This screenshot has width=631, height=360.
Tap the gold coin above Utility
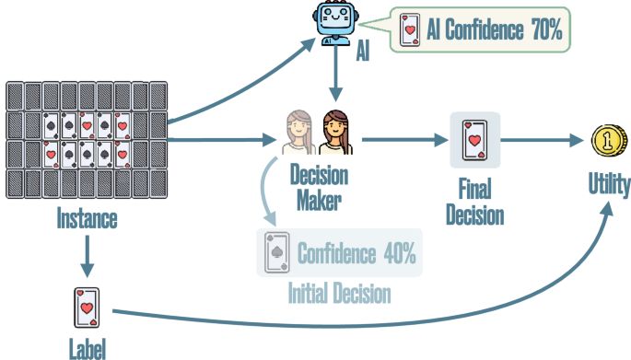(x=610, y=143)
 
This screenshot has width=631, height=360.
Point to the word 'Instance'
(x=88, y=221)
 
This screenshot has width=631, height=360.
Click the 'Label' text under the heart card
(x=88, y=349)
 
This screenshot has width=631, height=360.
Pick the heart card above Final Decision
(x=474, y=141)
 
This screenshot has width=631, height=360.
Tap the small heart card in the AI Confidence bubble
(x=407, y=31)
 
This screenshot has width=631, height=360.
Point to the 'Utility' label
(x=610, y=187)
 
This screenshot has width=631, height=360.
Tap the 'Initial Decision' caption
(x=339, y=294)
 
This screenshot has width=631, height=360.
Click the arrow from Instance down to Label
(x=88, y=256)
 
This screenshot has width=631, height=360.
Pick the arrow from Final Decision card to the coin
(x=543, y=142)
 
